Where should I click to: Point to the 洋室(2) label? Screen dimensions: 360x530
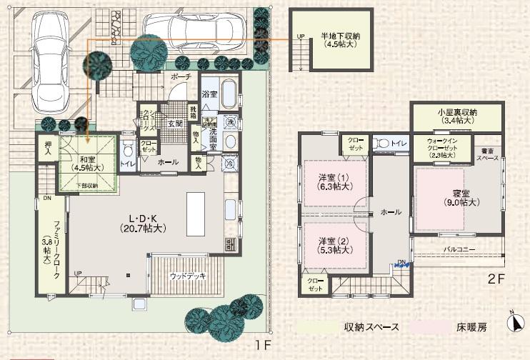point(335,245)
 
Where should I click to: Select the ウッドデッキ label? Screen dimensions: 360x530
point(189,275)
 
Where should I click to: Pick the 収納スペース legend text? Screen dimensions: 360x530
point(371,328)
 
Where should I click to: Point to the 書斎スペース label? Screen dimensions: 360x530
point(488,154)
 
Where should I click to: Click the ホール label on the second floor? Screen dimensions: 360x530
point(391,212)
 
